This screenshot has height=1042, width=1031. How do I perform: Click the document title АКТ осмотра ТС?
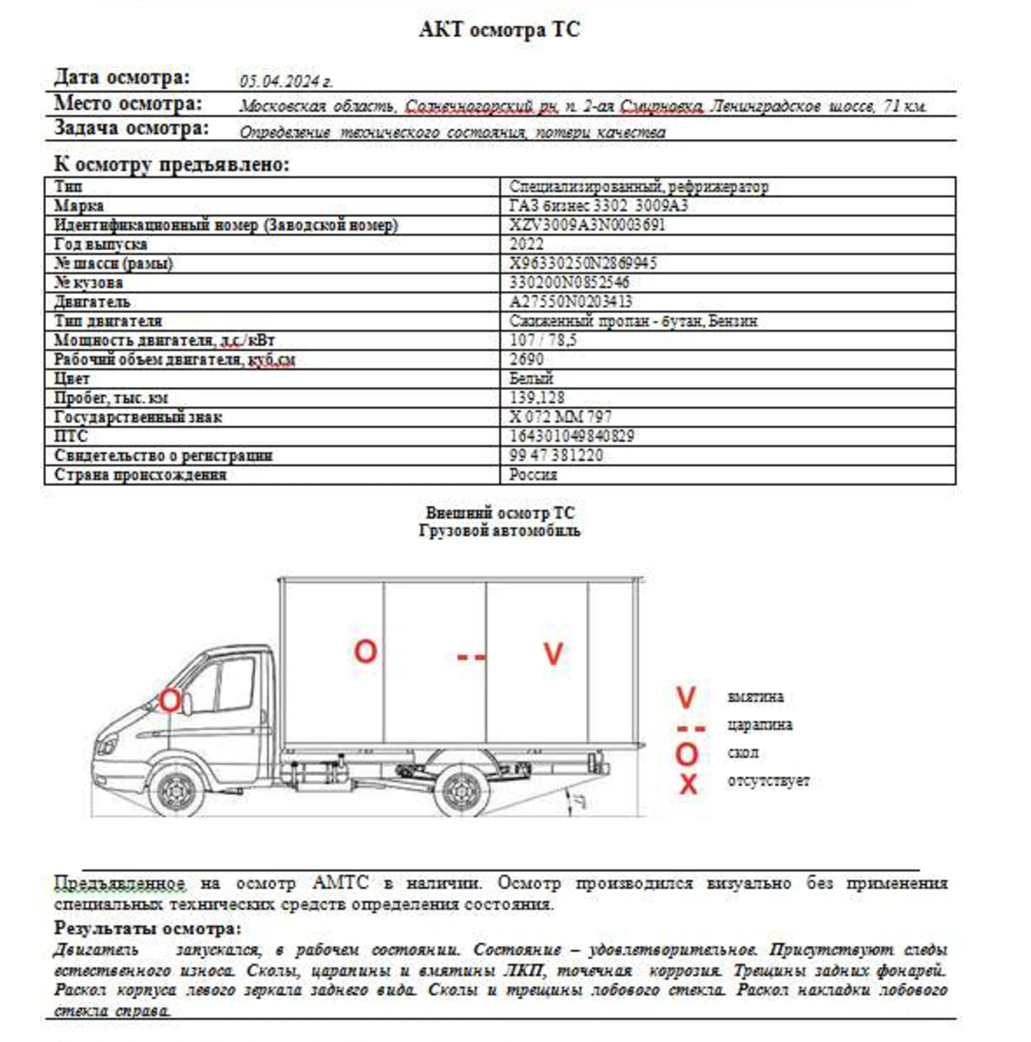499,29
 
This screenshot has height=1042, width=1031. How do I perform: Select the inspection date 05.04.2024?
286,81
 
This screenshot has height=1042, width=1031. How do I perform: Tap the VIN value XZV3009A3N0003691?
587,225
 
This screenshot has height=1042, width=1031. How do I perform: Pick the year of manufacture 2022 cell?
526,244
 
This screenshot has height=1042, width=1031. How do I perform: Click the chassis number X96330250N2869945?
583,263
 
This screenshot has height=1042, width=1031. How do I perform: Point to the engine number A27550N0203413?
571,301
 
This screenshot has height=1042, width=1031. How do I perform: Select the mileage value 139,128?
537,397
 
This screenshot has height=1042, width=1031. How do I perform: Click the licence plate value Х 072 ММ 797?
560,417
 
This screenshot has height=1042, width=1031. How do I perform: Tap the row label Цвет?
72,379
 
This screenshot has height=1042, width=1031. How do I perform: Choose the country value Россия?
533,475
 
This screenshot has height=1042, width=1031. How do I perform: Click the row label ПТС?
71,436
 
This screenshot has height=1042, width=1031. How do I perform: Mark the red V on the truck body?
553,654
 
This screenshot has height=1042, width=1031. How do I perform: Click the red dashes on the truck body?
471,657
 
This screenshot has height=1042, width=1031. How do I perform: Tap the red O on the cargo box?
365,651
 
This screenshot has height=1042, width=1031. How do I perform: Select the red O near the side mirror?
169,701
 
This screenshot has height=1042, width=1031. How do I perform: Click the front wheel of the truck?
175,792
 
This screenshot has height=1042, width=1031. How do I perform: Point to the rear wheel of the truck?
462,792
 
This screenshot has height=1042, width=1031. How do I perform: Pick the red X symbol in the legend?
688,784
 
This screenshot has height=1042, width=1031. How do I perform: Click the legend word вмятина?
755,697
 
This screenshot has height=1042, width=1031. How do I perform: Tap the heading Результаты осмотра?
147,929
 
